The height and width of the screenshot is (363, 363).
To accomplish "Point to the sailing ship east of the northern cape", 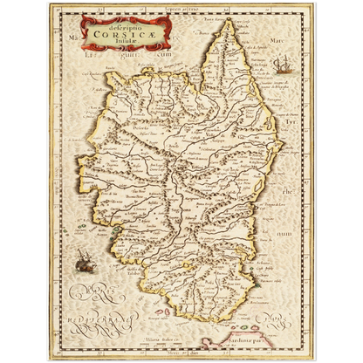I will [278, 64].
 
